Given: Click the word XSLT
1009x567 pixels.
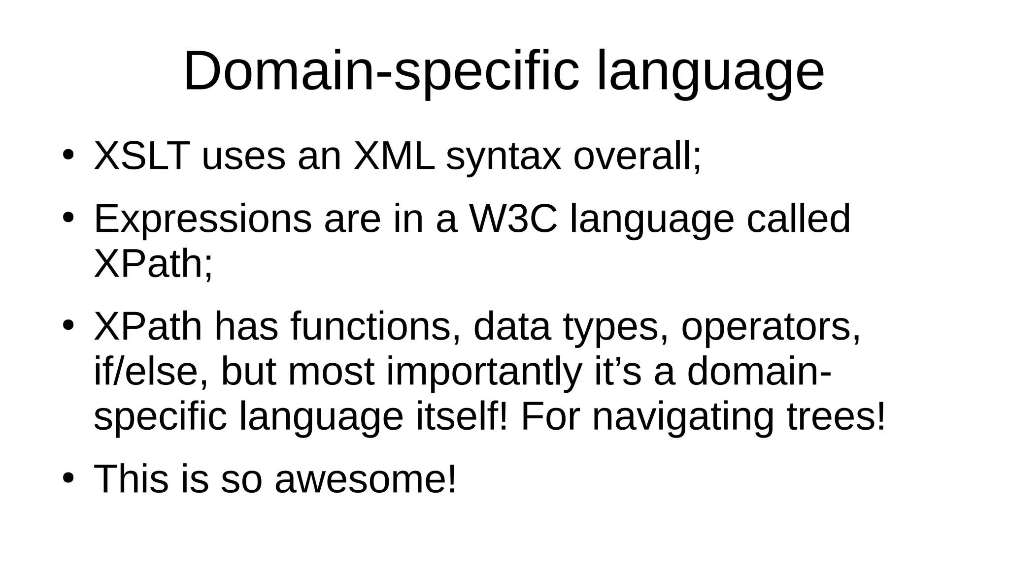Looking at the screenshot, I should pyautogui.click(x=142, y=157).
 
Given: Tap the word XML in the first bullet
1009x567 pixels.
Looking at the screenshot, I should pyautogui.click(x=394, y=157).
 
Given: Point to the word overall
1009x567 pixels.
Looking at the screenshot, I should pyautogui.click(x=636, y=157).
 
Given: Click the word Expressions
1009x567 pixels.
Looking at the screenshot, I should pyautogui.click(x=202, y=219).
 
